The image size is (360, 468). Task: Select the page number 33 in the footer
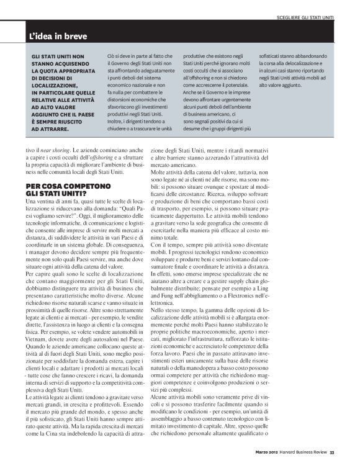pos(333,451)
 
